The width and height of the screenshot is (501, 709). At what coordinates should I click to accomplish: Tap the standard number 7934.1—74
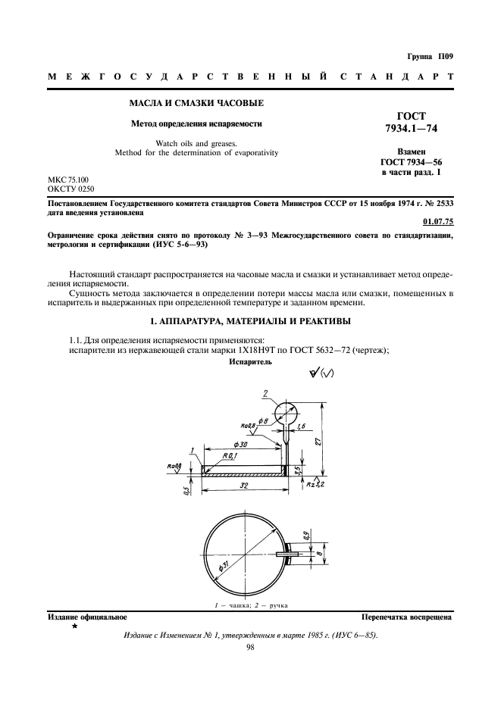[x=412, y=129]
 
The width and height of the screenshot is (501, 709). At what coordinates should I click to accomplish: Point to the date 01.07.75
[x=437, y=222]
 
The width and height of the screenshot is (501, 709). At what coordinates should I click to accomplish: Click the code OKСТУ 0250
[x=72, y=189]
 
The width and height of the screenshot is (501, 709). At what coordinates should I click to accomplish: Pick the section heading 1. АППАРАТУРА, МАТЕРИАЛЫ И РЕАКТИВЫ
[x=249, y=322]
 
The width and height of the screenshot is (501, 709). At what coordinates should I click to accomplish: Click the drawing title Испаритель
[x=250, y=363]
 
